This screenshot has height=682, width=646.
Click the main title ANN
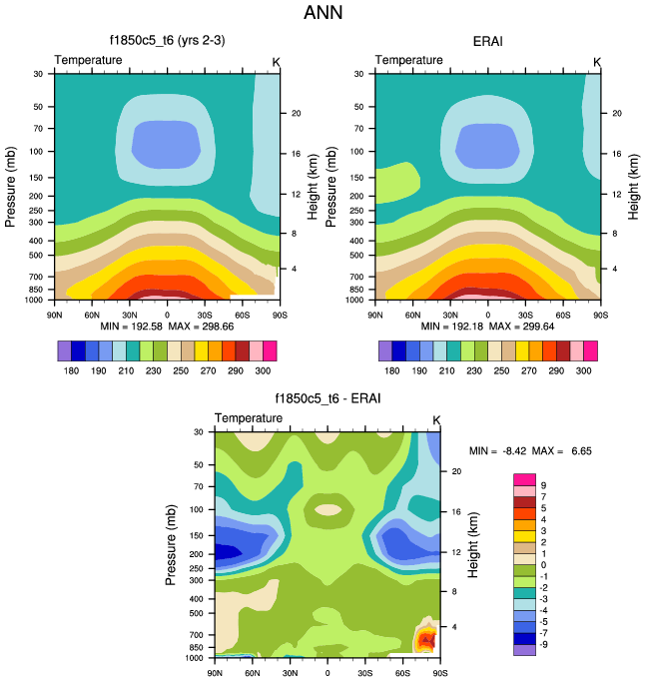(323, 14)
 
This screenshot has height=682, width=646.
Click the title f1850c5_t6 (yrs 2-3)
(167, 41)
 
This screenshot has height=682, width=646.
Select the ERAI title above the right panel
(487, 41)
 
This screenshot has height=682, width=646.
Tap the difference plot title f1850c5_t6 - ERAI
(326, 398)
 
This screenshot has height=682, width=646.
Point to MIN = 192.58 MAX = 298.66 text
(167, 327)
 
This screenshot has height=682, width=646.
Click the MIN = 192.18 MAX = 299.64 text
(487, 327)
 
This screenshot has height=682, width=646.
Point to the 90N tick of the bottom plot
(215, 672)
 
